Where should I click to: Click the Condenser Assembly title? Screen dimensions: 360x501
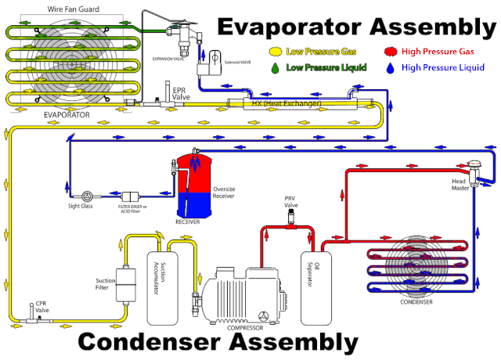[218, 342]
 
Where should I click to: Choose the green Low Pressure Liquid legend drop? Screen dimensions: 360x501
[276, 68]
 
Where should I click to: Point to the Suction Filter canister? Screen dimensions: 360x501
[125, 278]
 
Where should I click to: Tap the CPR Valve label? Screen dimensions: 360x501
[41, 306]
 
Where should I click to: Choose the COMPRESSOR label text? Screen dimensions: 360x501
[245, 327]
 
